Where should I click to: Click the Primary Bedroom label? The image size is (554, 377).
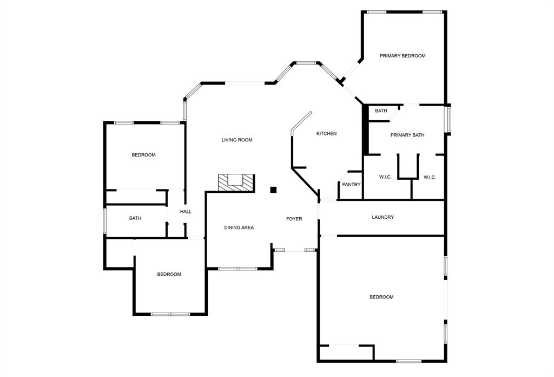402,56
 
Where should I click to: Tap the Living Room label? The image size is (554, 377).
237,140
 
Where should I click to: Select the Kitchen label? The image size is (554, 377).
326,133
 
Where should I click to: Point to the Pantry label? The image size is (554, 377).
351,185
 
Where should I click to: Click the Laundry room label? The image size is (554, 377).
382,217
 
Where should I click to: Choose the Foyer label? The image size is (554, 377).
294,219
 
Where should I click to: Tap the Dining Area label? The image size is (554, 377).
239,227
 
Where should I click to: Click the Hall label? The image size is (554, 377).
186,211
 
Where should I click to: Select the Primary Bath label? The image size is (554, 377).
407,135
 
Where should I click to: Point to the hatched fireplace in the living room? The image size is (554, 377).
236,182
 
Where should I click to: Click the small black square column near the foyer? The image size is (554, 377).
273,190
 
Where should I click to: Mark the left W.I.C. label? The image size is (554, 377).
385,177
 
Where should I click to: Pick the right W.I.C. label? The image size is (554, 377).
430,177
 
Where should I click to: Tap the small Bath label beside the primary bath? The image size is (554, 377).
381,111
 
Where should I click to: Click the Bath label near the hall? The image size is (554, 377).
135,218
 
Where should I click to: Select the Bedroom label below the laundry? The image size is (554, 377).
381,297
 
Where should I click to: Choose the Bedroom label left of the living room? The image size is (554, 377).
143,155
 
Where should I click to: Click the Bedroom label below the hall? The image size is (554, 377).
169,274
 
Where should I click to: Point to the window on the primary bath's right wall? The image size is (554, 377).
448,119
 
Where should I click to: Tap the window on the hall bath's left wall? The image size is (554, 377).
105,220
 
